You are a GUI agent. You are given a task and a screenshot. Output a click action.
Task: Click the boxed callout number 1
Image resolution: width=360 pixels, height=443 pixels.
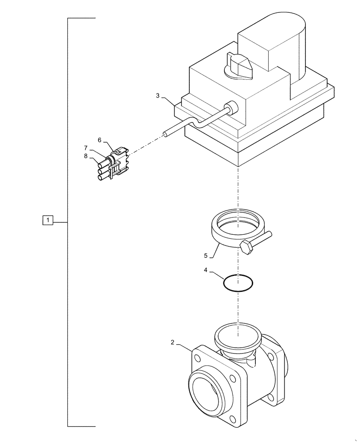tap(48, 220)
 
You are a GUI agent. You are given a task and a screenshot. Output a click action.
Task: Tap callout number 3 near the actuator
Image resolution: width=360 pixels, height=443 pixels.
tap(158, 96)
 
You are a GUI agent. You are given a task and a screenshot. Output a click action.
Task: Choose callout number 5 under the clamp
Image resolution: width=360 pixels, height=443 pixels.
tap(206, 256)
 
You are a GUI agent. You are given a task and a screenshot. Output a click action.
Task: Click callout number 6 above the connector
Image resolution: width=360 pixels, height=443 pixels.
tap(100, 140)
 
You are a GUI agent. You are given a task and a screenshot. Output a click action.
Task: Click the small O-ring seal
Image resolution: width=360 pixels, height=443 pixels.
tap(238, 283)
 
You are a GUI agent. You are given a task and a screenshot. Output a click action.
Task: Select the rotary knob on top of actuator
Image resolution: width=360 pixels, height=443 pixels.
tap(239, 64)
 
